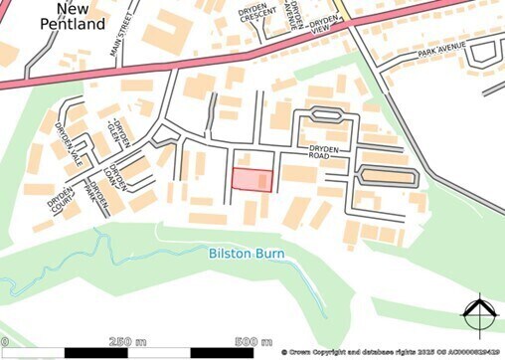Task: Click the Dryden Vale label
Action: (x=67, y=141)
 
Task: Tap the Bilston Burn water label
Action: (x=247, y=254)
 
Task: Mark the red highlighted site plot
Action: (x=252, y=179)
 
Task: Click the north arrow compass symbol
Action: (x=478, y=315)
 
